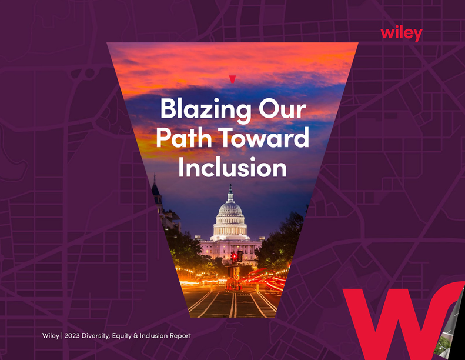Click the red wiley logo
pyautogui.click(x=402, y=34)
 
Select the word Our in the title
pyautogui.click(x=282, y=109)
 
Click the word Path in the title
pyautogui.click(x=184, y=137)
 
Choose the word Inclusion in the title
pyautogui.click(x=233, y=167)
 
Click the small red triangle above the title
pyautogui.click(x=233, y=79)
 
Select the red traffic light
pyautogui.click(x=235, y=256)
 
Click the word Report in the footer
pyautogui.click(x=180, y=336)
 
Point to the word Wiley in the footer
pyautogui.click(x=51, y=336)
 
